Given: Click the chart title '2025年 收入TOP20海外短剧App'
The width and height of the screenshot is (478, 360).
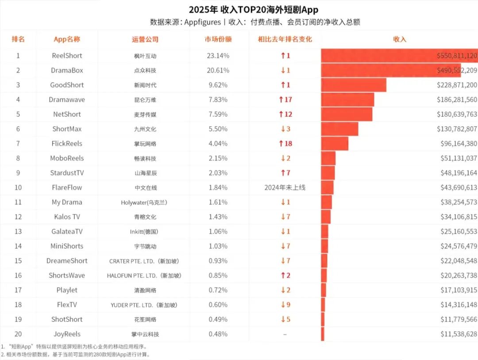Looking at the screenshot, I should coord(253,10).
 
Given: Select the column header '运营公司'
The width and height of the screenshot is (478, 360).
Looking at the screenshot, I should coord(145,39).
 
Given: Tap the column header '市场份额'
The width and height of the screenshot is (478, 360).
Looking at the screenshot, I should coord(218,39).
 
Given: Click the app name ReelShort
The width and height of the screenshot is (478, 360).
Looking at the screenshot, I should coord(67,56).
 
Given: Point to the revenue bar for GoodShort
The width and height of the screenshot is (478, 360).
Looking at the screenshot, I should coord(354,85).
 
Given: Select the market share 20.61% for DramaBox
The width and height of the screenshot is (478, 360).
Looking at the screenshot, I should coord(218,70).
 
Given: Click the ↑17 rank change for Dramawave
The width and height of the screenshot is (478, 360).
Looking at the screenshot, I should coord(285,100).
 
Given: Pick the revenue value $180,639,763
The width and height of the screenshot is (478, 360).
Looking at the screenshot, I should coord(456,114).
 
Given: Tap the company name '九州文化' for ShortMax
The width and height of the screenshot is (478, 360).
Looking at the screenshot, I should coord(145,129).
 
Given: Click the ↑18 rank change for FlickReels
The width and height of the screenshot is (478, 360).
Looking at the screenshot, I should coord(285,144).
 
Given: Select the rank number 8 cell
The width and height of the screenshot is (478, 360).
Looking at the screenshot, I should coord(18,158).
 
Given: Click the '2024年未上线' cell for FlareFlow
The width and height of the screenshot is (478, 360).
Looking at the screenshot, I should coord(285,188).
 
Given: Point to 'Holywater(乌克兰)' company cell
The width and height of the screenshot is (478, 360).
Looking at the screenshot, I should coord(145,203).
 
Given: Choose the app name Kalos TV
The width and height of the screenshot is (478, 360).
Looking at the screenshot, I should coord(67,217).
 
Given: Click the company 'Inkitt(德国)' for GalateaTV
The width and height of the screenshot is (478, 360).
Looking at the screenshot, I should coord(145,232).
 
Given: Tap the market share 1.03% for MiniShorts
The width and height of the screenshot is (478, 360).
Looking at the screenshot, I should coord(218,246).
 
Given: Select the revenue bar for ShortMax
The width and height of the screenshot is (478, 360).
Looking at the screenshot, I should coord(339,129).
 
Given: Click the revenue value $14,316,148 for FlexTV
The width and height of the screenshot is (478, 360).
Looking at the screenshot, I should coord(459,305).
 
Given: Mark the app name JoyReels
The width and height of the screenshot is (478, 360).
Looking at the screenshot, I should coord(67,334).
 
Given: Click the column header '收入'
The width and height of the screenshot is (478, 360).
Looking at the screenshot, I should coord(400,39).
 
